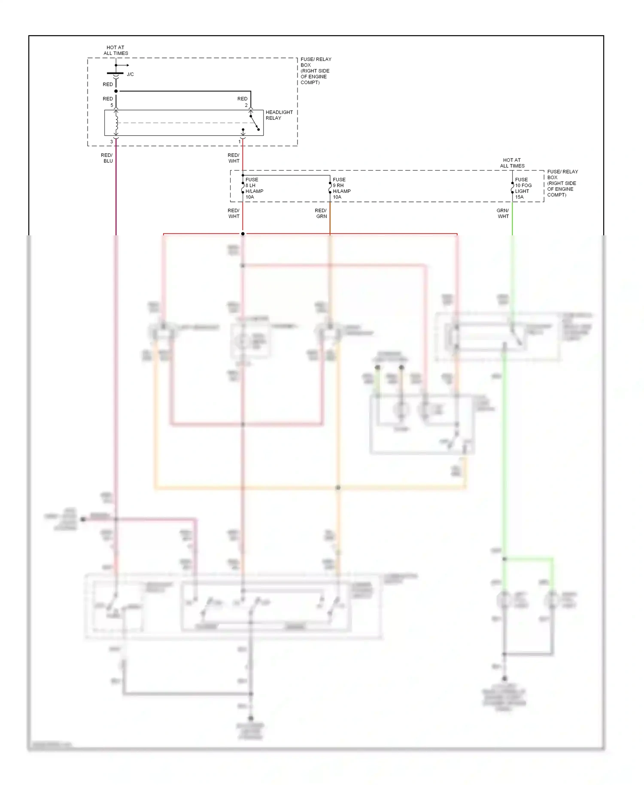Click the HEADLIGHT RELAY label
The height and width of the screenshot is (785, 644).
tap(279, 115)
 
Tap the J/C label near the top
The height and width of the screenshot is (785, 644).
tap(130, 74)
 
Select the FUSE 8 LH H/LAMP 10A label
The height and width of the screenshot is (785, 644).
tap(254, 188)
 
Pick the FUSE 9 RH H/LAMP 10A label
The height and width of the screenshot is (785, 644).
tap(341, 188)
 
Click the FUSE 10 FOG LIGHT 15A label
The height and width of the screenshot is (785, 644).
tap(523, 188)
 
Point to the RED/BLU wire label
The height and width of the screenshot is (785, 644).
tap(107, 158)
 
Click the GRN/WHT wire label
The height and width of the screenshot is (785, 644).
tap(503, 213)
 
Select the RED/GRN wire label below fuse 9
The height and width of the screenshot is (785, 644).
tap(321, 213)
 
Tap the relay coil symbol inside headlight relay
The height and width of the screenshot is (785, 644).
tap(116, 123)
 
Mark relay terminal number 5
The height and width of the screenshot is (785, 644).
tap(112, 105)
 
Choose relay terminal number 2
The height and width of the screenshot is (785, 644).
tap(246, 105)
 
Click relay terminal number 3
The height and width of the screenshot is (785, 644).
tap(112, 142)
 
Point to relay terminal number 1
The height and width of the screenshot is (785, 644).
tap(240, 142)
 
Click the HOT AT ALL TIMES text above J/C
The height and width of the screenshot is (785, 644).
tap(115, 50)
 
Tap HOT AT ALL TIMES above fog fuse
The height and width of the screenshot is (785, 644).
tap(512, 163)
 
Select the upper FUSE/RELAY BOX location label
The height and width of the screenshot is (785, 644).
tap(316, 71)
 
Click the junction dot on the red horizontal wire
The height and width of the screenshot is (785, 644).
tap(243, 234)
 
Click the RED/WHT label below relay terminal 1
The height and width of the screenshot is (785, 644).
tap(234, 158)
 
